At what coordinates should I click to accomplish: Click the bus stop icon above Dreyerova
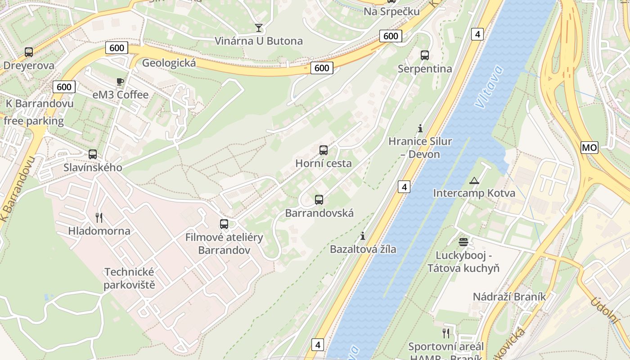click(x=29, y=52)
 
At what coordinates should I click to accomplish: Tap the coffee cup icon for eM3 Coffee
click(x=120, y=81)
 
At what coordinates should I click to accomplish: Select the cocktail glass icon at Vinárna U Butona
click(x=258, y=27)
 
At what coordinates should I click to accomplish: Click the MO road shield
click(x=589, y=147)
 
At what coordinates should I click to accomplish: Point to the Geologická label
click(x=169, y=63)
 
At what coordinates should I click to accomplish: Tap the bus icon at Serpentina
click(x=424, y=55)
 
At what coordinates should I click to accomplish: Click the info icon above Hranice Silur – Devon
click(x=420, y=128)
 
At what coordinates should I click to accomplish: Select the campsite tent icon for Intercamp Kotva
click(x=474, y=180)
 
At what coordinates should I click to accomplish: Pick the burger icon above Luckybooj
click(x=463, y=242)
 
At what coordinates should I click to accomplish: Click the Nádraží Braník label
click(x=509, y=297)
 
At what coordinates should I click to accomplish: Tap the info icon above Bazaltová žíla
click(x=363, y=236)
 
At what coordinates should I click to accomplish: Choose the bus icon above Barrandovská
click(x=319, y=199)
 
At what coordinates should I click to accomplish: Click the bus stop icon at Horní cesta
click(x=323, y=150)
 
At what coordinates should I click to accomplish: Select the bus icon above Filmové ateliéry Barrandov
click(x=224, y=224)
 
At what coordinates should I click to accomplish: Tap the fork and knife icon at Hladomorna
click(x=99, y=218)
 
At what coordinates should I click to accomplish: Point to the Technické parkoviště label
click(x=130, y=278)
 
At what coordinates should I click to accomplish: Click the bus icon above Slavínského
click(x=92, y=154)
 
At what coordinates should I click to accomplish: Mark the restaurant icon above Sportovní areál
click(x=445, y=333)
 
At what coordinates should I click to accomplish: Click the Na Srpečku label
click(x=391, y=12)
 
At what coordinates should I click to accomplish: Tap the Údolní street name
click(x=605, y=310)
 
